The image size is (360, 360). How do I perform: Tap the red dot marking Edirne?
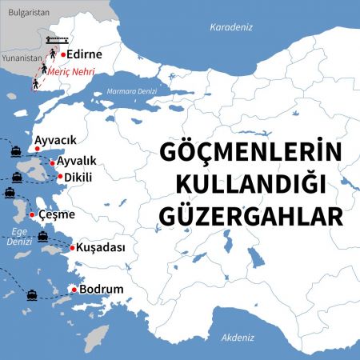(63, 54)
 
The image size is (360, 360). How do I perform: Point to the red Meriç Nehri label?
(71, 73)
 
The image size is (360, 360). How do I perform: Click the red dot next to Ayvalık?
(53, 163)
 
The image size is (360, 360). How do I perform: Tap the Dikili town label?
(80, 176)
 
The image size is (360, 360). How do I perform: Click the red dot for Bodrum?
(74, 289)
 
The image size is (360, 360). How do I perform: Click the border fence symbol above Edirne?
(58, 38)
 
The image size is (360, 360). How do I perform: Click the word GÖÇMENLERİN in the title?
(251, 152)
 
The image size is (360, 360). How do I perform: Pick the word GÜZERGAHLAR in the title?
(251, 216)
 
